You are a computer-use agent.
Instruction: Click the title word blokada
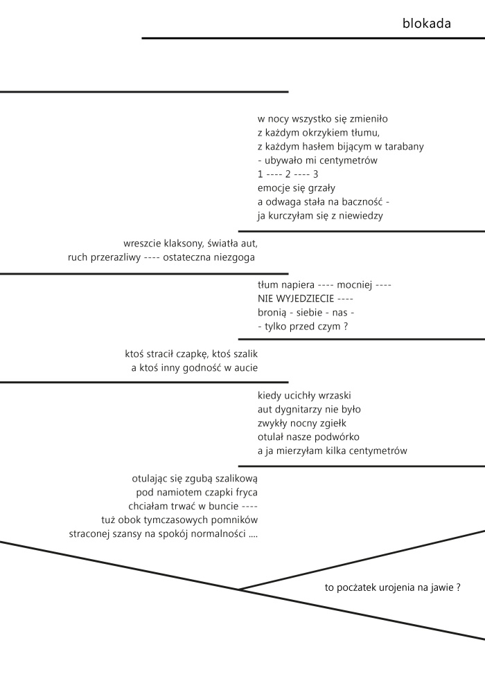point(426,23)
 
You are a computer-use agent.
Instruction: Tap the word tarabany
point(404,147)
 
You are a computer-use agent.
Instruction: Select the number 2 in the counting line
point(288,174)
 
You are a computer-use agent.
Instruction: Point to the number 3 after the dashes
point(316,174)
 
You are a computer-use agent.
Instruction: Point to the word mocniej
point(354,285)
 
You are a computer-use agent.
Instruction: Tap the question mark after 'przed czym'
point(346,327)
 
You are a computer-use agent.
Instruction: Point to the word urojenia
point(383,587)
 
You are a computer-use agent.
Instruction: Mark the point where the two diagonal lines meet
point(239,590)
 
